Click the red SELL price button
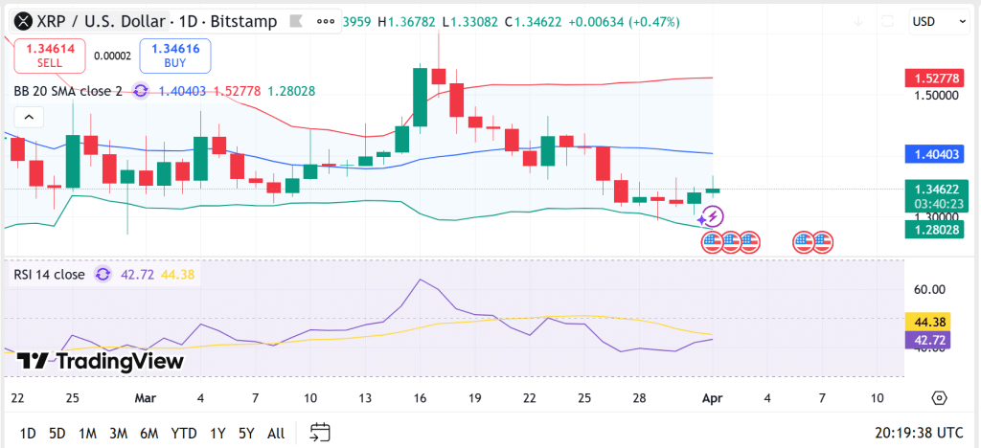click(50, 56)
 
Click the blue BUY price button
click(174, 56)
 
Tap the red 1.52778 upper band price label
click(934, 78)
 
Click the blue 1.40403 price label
click(934, 153)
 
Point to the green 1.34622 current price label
click(934, 190)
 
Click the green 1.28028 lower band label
click(934, 230)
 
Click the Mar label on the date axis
click(146, 397)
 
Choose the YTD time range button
click(184, 434)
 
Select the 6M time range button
click(148, 434)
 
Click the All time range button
click(276, 434)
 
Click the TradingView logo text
click(100, 361)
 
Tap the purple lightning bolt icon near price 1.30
click(710, 217)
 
